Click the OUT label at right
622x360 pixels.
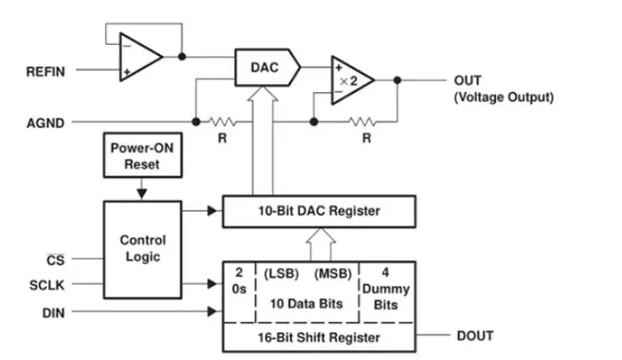468,80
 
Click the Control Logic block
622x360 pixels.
142,248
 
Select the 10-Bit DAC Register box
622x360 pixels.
319,211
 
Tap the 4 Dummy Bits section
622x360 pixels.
387,290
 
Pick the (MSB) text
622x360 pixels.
333,275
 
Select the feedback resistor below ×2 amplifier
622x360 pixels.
365,121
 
